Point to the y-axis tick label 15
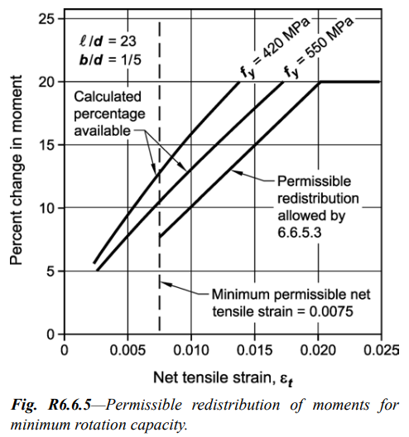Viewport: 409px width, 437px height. point(46,145)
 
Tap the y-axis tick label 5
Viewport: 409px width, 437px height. point(50,271)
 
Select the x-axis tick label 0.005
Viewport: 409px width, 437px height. point(128,349)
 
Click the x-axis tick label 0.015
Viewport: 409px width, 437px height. point(254,349)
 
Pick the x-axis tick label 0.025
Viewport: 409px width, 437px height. point(380,349)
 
